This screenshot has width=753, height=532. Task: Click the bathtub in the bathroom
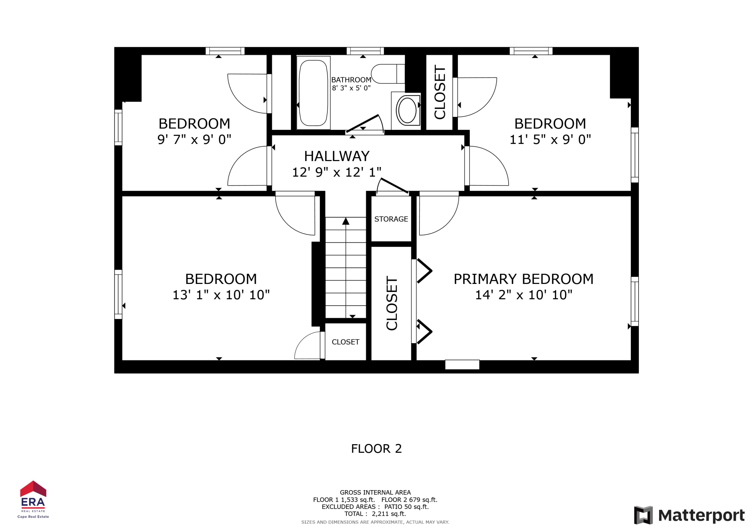point(313,93)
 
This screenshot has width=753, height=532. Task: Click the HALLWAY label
point(337,156)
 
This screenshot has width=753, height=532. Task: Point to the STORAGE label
point(391,219)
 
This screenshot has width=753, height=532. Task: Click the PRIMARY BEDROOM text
point(523,279)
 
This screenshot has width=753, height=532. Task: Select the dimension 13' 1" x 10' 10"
point(221,295)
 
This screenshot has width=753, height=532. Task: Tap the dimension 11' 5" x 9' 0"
point(550,140)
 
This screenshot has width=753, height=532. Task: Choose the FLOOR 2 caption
point(376,449)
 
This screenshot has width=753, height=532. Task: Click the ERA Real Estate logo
point(33,499)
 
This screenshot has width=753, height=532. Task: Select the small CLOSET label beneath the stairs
point(345,342)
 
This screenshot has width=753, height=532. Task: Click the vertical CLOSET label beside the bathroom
point(440,92)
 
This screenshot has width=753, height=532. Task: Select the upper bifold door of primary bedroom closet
point(424,271)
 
